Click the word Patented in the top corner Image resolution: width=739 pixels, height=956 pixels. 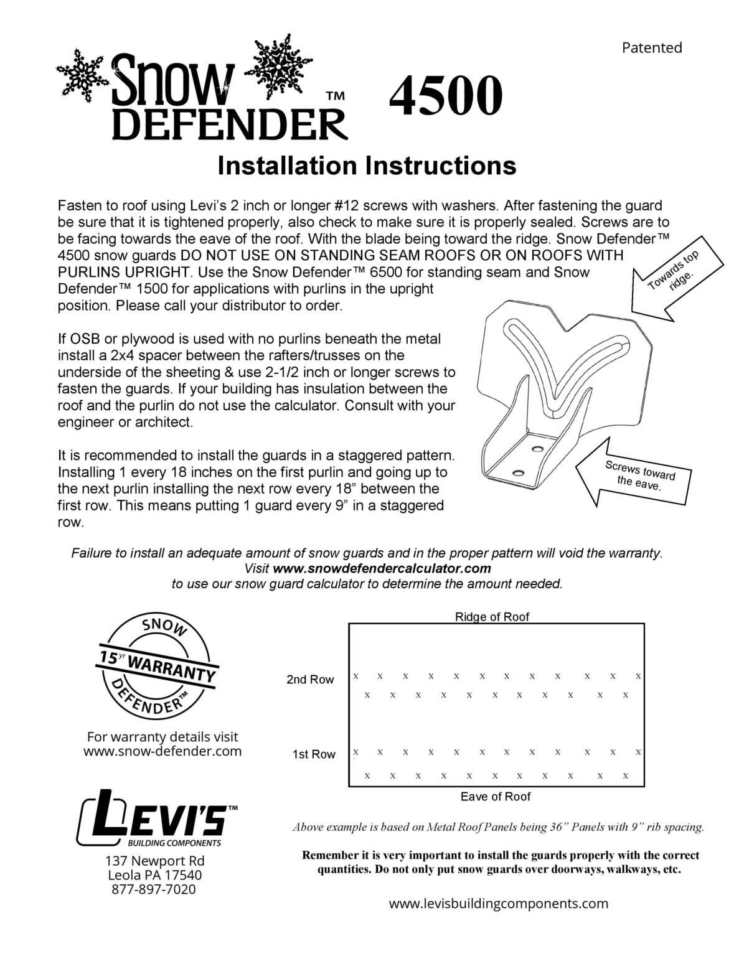(652, 47)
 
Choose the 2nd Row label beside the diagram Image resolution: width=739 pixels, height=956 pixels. (310, 680)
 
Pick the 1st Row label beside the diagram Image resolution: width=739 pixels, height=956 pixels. (314, 754)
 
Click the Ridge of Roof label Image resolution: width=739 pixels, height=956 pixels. (492, 617)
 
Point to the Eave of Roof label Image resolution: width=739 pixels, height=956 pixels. (496, 796)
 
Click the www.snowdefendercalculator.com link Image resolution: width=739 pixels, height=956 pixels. (382, 568)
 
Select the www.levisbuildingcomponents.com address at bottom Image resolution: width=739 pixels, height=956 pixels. (498, 921)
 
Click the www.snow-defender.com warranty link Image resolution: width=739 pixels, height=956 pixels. (162, 751)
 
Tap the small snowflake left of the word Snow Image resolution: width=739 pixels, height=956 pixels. (84, 74)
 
